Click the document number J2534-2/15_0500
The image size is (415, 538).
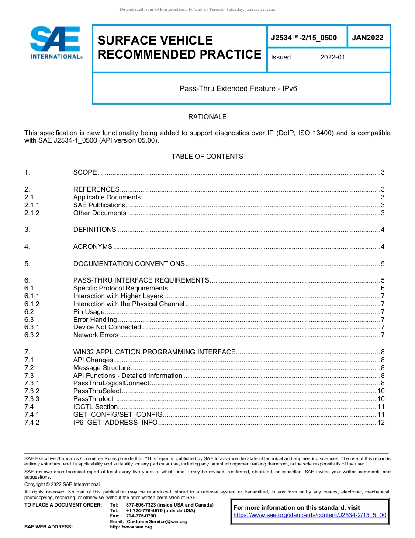click(304, 38)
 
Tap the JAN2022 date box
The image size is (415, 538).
click(368, 38)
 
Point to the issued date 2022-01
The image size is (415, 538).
click(332, 57)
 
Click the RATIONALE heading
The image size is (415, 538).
click(207, 117)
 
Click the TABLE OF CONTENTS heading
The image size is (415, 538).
click(207, 156)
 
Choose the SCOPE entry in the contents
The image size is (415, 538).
click(85, 172)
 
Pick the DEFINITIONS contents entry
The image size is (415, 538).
click(95, 230)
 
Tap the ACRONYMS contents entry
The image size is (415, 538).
click(93, 247)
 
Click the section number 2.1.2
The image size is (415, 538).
click(32, 213)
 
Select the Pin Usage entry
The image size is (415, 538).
click(89, 312)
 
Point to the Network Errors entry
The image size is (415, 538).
click(96, 335)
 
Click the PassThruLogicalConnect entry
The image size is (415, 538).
click(111, 383)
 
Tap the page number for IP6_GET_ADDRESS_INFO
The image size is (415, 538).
click(381, 423)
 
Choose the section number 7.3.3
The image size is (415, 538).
click(32, 399)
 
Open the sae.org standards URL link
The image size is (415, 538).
click(310, 515)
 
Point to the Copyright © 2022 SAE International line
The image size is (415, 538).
click(62, 484)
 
